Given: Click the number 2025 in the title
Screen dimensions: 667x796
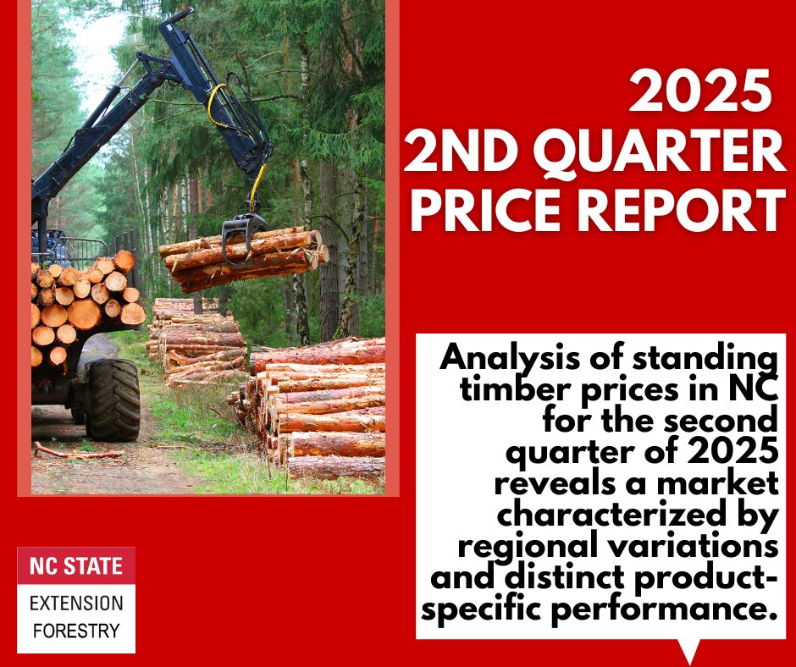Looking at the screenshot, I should (696, 93).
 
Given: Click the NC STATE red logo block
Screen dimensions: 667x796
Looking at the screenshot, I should (76, 566).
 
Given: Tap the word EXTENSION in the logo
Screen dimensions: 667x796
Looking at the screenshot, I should (76, 604).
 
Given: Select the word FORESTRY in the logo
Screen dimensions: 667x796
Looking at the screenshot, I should (76, 630).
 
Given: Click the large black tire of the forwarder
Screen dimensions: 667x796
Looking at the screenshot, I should (112, 399).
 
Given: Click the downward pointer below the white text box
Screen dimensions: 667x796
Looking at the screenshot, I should (690, 651).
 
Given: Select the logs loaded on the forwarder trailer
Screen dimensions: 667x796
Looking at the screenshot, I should (85, 300).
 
